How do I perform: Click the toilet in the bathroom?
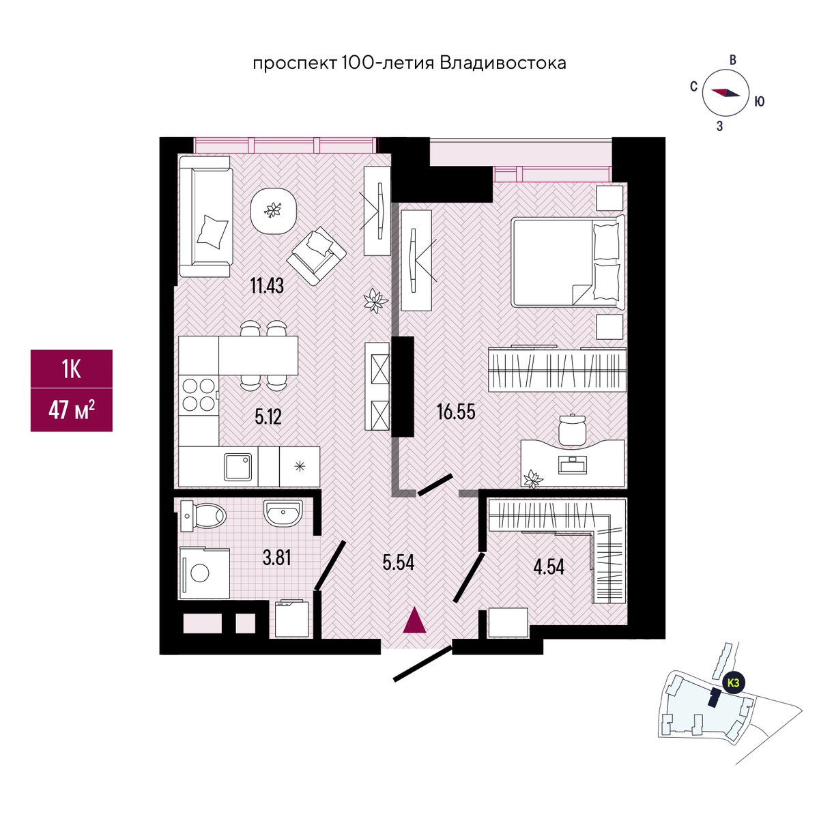pyautogui.click(x=203, y=516)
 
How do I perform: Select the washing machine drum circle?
pyautogui.click(x=200, y=573)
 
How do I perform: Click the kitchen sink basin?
pyautogui.click(x=238, y=466)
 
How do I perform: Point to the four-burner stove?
pyautogui.click(x=199, y=395)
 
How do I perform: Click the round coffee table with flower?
pyautogui.click(x=273, y=211)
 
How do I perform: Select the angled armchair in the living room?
pyautogui.click(x=316, y=255)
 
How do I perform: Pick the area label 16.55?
pyautogui.click(x=456, y=412)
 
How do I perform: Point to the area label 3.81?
pyautogui.click(x=276, y=558)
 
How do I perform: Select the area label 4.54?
pyautogui.click(x=549, y=566)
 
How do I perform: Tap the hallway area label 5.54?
pyautogui.click(x=398, y=562)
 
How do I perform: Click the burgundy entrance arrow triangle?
pyautogui.click(x=414, y=621)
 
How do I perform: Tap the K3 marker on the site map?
pyautogui.click(x=733, y=695)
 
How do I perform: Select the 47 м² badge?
pyautogui.click(x=72, y=410)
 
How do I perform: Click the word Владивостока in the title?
pyautogui.click(x=503, y=63)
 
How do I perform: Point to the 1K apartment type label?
pyautogui.click(x=72, y=369)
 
